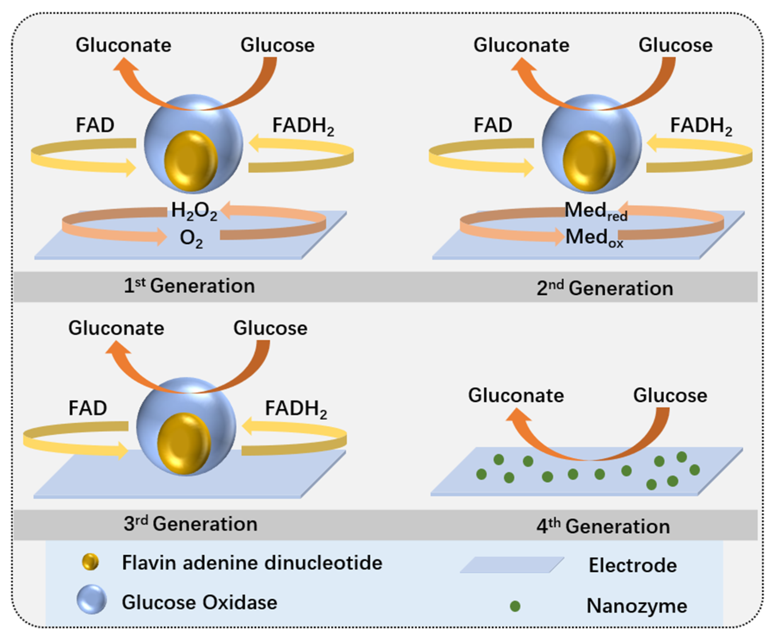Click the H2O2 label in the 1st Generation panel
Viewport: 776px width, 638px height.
pos(194,211)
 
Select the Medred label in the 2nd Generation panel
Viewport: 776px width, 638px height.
pos(595,212)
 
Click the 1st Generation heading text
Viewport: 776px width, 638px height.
pos(189,286)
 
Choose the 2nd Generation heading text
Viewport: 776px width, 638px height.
pos(605,288)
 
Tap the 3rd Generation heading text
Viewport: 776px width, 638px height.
pos(190,524)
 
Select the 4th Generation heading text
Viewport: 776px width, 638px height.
pos(603,526)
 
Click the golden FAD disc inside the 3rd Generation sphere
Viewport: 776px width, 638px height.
pos(184,444)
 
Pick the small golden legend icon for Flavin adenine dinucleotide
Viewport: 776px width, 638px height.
pos(90,562)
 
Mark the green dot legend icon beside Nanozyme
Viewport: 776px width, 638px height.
pos(515,606)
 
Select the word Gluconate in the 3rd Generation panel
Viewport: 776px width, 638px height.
pos(116,328)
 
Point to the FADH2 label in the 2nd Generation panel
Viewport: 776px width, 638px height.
pos(701,126)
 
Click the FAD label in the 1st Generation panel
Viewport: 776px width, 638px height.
pos(95,125)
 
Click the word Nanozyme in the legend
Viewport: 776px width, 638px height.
pos(636,606)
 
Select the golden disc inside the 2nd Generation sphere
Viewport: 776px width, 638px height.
pos(589,161)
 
